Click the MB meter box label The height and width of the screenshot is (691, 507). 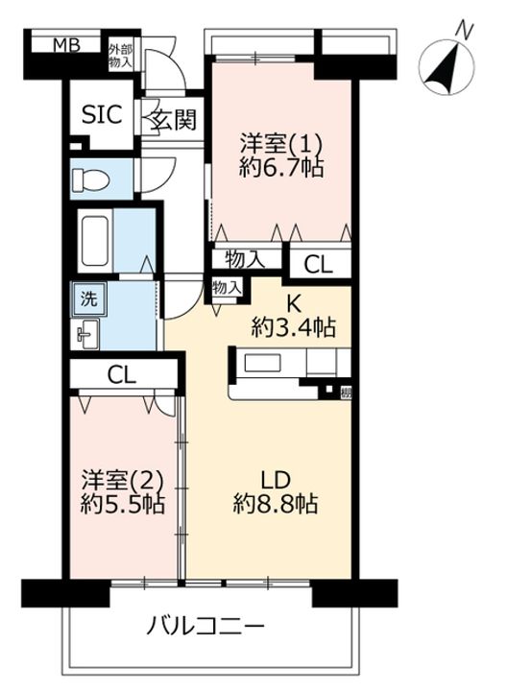pyautogui.click(x=66, y=45)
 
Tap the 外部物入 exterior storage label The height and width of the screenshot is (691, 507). pyautogui.click(x=120, y=56)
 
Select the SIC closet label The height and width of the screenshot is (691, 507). pyautogui.click(x=102, y=115)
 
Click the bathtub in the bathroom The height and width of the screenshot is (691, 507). pyautogui.click(x=95, y=241)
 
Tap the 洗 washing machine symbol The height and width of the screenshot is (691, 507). pyautogui.click(x=89, y=299)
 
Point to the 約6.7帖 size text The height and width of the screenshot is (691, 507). pyautogui.click(x=281, y=167)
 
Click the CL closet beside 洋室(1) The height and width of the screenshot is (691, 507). pyautogui.click(x=318, y=265)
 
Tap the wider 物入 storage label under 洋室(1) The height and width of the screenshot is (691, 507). pyautogui.click(x=245, y=259)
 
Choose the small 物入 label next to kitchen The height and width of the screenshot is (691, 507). pyautogui.click(x=227, y=288)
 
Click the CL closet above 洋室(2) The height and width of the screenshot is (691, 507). pyautogui.click(x=122, y=375)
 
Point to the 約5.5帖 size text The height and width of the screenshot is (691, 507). pyautogui.click(x=123, y=504)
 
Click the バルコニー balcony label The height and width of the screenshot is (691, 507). pyautogui.click(x=205, y=626)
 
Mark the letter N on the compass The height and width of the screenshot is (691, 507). pyautogui.click(x=464, y=32)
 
